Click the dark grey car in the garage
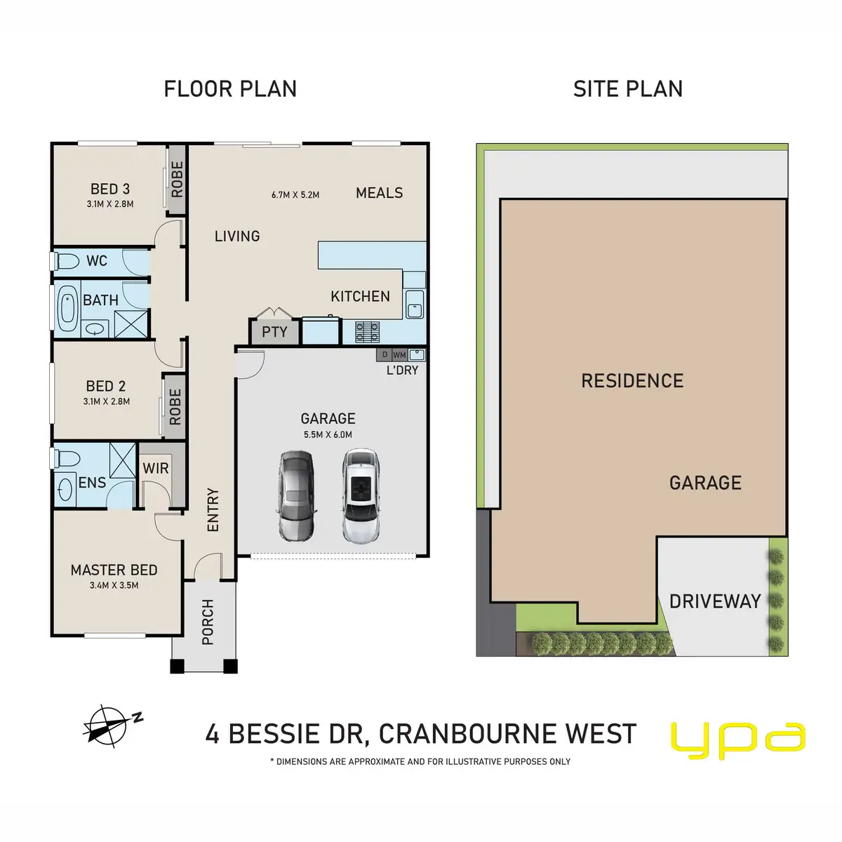(x=297, y=496)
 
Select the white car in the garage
(x=361, y=495)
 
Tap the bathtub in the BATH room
(x=67, y=309)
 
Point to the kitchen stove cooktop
(x=367, y=332)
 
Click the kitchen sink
(x=415, y=304)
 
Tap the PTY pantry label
(x=274, y=332)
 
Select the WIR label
(x=156, y=469)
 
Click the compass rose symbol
(x=108, y=726)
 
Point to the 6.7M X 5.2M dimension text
(x=295, y=195)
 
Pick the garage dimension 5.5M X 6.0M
(x=328, y=434)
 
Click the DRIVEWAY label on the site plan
(x=715, y=601)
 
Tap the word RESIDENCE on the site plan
(x=632, y=380)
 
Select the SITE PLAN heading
(x=628, y=89)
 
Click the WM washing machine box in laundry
(x=399, y=355)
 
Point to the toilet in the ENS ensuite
(x=67, y=459)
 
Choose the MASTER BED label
(x=114, y=570)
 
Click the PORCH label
(x=208, y=622)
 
